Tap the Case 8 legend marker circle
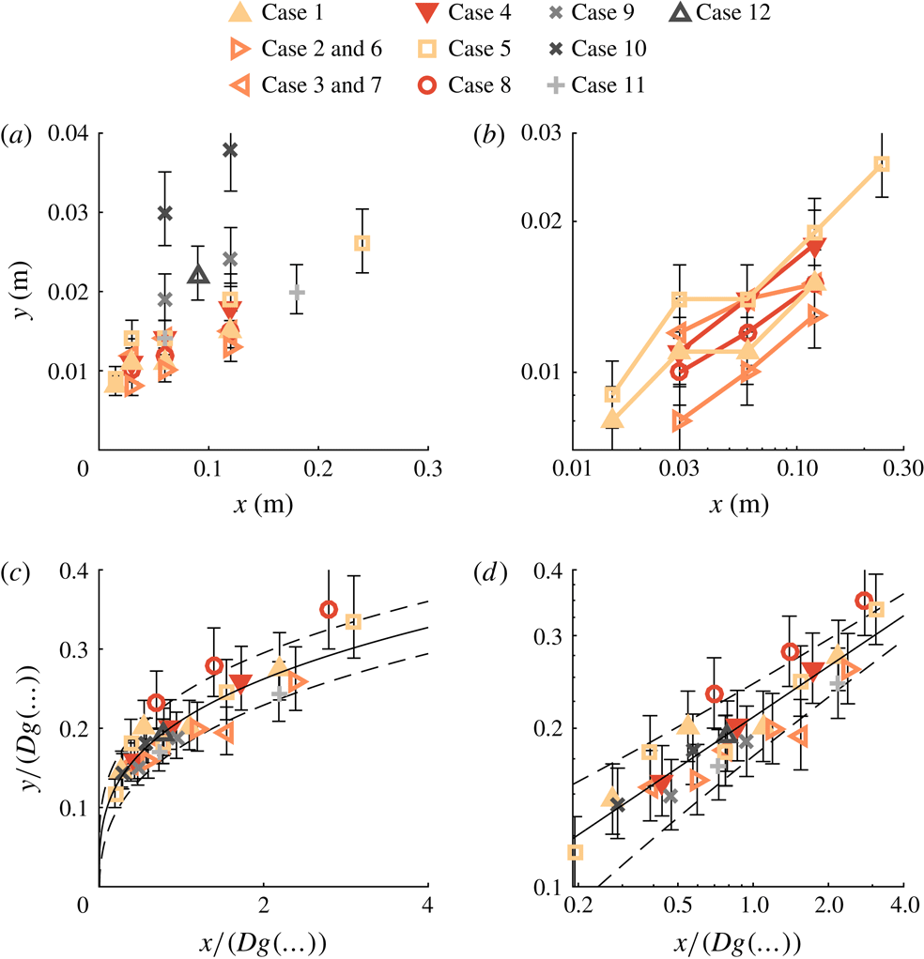tap(423, 85)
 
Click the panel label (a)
tap(18, 137)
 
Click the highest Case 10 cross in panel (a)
tap(230, 149)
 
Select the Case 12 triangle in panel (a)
tap(197, 275)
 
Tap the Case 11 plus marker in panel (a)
tap(297, 292)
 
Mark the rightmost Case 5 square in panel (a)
tap(362, 243)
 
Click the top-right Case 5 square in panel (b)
tap(882, 163)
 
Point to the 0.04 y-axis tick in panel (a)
tap(71, 133)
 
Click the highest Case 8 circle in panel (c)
tap(328, 609)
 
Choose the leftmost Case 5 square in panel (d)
tap(576, 852)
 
